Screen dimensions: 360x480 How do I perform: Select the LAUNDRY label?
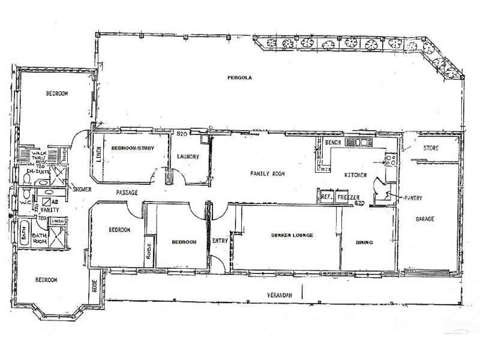click(187, 157)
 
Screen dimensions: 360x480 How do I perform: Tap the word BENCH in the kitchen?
click(332, 143)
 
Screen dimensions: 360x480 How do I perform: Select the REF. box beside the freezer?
click(326, 197)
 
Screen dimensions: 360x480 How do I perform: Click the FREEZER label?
click(348, 197)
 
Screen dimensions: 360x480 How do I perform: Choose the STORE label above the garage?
click(431, 148)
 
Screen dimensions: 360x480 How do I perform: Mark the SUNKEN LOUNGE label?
click(292, 236)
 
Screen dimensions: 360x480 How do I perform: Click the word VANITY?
click(49, 211)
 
